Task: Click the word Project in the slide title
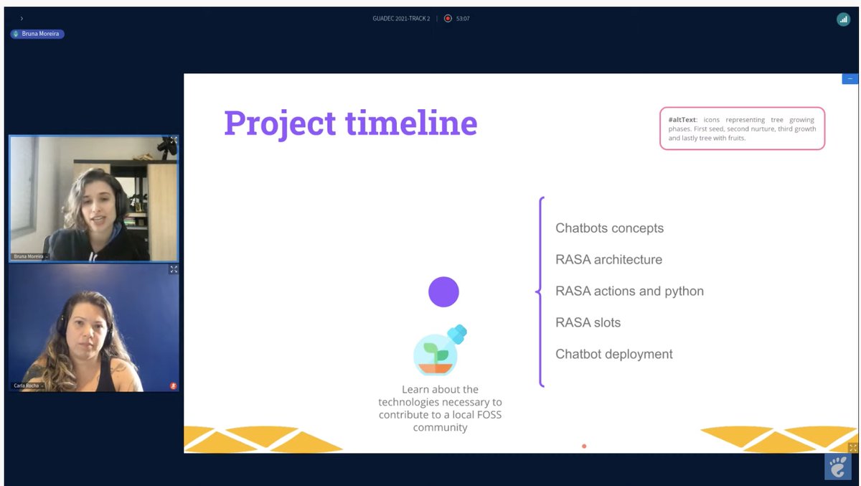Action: click(281, 123)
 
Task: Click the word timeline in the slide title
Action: click(411, 123)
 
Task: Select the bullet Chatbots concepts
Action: click(609, 228)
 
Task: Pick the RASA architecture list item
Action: click(608, 260)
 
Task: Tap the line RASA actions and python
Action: click(629, 291)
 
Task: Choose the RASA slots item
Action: click(588, 323)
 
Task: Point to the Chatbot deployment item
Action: click(613, 354)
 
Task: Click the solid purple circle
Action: click(443, 292)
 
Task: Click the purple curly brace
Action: click(540, 291)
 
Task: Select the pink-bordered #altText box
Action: click(742, 128)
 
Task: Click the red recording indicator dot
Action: click(448, 19)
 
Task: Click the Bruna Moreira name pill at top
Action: click(37, 34)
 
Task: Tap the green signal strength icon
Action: click(843, 19)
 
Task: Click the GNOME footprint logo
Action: click(837, 467)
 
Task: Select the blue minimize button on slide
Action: click(850, 79)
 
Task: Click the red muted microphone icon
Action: click(173, 385)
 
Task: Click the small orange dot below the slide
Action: click(584, 447)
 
